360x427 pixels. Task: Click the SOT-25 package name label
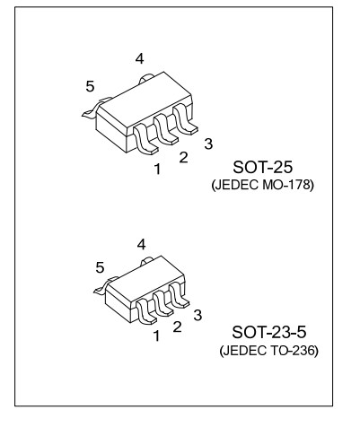point(262,167)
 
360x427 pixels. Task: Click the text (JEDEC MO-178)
point(263,185)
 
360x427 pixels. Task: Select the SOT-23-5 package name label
point(269,332)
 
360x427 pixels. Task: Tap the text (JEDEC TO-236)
point(268,351)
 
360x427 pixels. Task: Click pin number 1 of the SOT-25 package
point(157,169)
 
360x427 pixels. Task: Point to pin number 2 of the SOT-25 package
point(183,157)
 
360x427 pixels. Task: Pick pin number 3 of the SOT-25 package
point(208,144)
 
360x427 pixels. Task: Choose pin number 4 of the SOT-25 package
point(139,59)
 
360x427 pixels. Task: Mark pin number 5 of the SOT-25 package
point(90,87)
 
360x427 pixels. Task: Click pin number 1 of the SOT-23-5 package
point(156,336)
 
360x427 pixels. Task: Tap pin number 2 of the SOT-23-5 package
point(177,327)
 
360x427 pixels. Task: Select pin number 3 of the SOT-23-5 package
point(198,315)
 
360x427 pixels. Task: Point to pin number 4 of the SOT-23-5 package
point(141,245)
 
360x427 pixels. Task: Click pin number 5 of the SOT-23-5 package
point(100,267)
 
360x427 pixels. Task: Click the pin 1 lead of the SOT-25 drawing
point(145,141)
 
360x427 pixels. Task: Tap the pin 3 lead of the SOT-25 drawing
point(184,119)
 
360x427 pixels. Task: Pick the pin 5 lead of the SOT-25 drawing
point(95,109)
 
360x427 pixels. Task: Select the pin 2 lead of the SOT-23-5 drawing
point(162,304)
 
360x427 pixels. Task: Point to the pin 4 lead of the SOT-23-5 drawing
point(147,261)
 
